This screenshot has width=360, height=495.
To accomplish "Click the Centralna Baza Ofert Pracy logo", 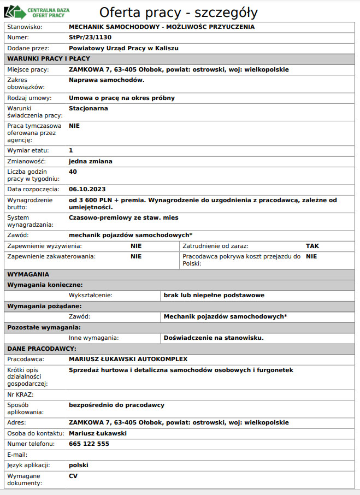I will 34,11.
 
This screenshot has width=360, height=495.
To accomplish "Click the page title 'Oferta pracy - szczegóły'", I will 179,12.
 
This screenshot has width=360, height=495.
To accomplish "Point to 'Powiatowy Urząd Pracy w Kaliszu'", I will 123,48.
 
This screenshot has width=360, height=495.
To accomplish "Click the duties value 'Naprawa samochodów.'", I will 107,80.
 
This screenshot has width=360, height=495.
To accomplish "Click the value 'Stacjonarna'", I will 88,108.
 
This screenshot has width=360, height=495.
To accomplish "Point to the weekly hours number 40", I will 73,172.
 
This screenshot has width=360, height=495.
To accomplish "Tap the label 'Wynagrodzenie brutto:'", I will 30,203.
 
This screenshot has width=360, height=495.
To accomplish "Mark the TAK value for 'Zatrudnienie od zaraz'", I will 312,246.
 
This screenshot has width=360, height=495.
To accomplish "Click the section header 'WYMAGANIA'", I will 28,274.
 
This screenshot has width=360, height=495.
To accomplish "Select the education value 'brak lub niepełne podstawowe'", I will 214,295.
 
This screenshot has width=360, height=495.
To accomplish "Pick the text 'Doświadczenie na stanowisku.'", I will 214,338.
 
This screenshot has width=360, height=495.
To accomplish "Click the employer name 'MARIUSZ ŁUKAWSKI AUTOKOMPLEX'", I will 128,359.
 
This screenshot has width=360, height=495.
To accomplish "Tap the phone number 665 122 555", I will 89,444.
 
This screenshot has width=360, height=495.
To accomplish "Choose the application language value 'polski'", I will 79,465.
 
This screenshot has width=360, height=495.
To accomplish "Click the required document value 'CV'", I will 74,476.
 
